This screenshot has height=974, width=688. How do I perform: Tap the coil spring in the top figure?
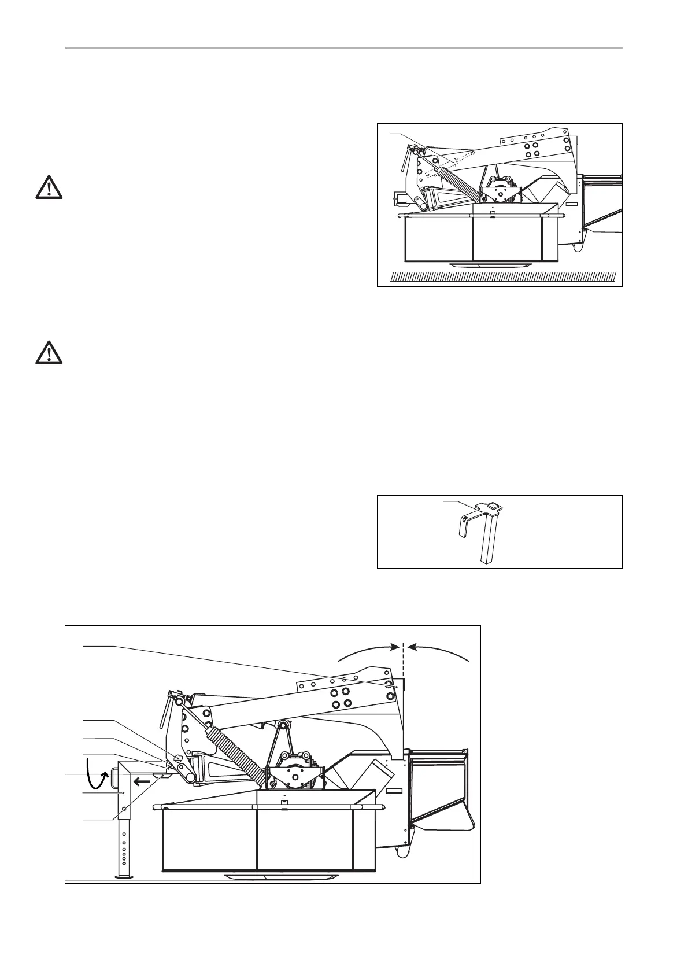pyautogui.click(x=460, y=182)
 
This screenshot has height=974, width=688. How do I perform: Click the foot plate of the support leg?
pyautogui.click(x=123, y=877)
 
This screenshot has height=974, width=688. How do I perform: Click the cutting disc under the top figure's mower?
pyautogui.click(x=491, y=264)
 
